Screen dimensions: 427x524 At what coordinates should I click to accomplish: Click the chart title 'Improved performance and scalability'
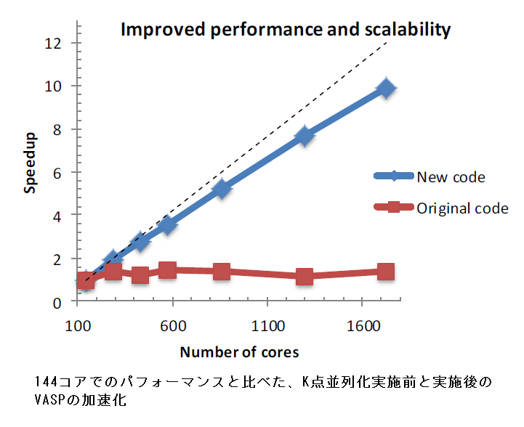(x=285, y=30)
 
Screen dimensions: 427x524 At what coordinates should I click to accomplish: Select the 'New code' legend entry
(x=451, y=176)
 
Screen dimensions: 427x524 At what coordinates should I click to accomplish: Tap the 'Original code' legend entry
(x=462, y=208)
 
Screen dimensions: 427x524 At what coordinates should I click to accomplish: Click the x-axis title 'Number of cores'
(x=239, y=352)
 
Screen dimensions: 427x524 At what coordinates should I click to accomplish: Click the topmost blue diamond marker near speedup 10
(x=386, y=89)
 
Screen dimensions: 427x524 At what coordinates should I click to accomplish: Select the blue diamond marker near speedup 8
(x=305, y=136)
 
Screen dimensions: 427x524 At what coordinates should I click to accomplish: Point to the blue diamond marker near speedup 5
(x=222, y=190)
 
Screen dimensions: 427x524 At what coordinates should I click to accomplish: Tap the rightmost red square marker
(x=386, y=272)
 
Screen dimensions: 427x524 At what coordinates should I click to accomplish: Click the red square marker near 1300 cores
(x=305, y=277)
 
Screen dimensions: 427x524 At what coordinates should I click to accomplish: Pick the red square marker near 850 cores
(x=222, y=272)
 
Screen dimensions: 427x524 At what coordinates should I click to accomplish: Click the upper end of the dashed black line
(x=386, y=43)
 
